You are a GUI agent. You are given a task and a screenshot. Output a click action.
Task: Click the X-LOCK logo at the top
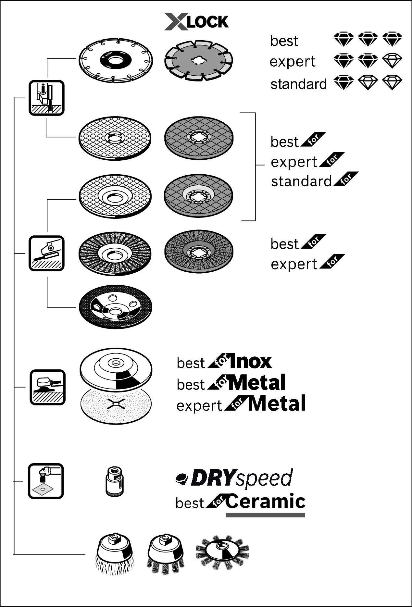click(x=196, y=22)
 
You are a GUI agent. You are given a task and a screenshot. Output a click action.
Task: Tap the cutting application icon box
click(x=46, y=98)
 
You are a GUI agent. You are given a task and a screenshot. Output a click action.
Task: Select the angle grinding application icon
click(x=46, y=253)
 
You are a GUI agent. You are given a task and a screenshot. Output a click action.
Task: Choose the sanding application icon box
click(x=47, y=387)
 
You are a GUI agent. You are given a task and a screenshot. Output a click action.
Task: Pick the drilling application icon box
click(x=46, y=481)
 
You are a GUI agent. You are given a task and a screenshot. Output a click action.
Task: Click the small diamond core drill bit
click(x=115, y=481)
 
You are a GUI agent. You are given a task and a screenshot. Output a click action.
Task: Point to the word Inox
click(x=250, y=362)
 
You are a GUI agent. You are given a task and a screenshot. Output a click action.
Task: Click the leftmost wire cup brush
click(x=115, y=553)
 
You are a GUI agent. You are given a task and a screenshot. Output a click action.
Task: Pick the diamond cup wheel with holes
click(x=116, y=307)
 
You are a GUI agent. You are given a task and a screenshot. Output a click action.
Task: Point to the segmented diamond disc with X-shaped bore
click(x=199, y=60)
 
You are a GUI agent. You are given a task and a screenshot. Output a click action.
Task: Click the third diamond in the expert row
click(x=392, y=61)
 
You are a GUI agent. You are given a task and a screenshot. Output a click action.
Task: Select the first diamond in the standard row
click(x=343, y=83)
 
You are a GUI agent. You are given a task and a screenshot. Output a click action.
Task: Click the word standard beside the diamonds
click(x=298, y=84)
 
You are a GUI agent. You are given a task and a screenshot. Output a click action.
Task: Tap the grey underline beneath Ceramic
click(x=265, y=515)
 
